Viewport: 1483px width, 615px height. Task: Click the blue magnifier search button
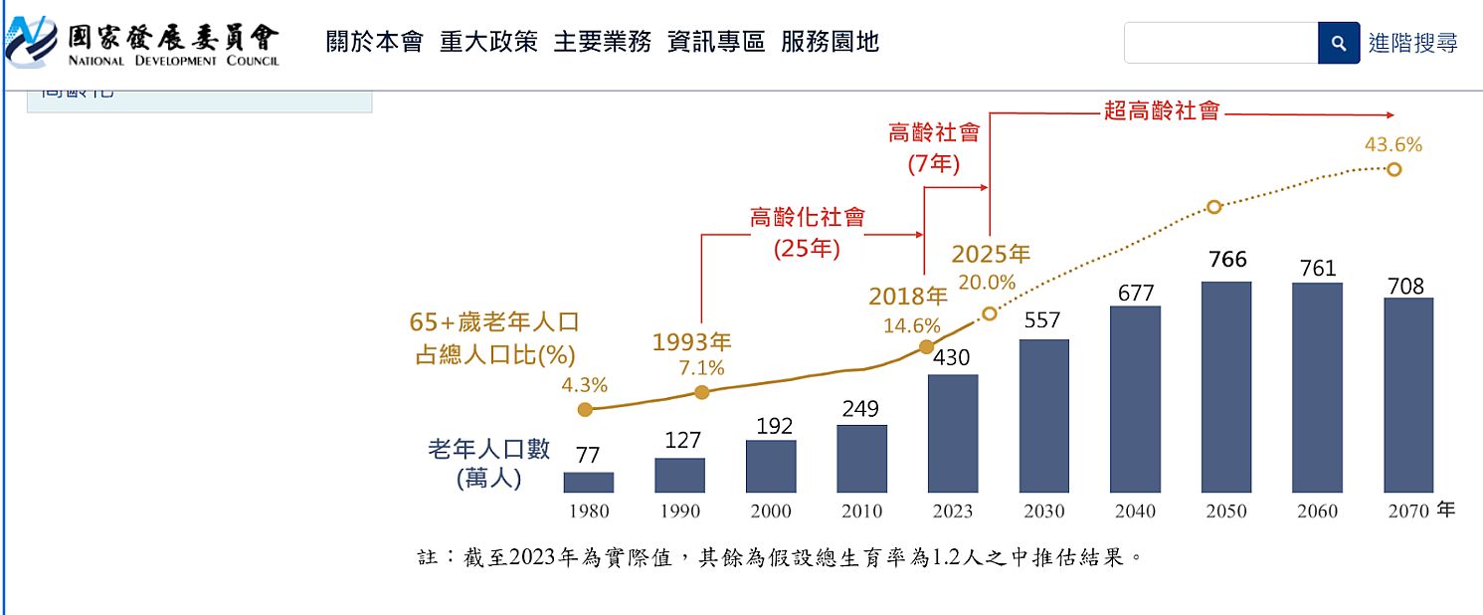click(1339, 43)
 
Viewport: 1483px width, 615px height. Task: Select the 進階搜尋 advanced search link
click(1412, 43)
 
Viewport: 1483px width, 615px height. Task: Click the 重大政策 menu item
click(488, 42)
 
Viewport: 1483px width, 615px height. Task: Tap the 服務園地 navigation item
click(830, 42)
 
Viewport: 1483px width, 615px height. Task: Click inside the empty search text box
click(1220, 43)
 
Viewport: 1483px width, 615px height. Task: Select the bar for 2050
click(1226, 387)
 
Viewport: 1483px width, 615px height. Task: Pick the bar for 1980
click(588, 483)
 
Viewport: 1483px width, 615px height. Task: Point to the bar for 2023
click(953, 434)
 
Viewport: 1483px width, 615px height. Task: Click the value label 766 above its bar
click(1227, 260)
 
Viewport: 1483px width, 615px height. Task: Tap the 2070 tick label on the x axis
click(1408, 512)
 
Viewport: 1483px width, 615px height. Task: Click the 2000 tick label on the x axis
click(771, 512)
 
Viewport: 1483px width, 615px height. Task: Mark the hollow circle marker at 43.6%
click(1393, 169)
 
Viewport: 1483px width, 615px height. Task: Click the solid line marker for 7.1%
click(701, 392)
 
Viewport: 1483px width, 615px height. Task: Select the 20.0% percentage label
click(987, 283)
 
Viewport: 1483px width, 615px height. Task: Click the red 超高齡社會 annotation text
click(1161, 110)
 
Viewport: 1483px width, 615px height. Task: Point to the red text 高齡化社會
click(807, 217)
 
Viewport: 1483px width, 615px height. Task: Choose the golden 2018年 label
click(908, 297)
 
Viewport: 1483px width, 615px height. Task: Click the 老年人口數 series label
click(488, 449)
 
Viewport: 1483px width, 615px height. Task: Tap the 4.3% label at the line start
click(584, 385)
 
